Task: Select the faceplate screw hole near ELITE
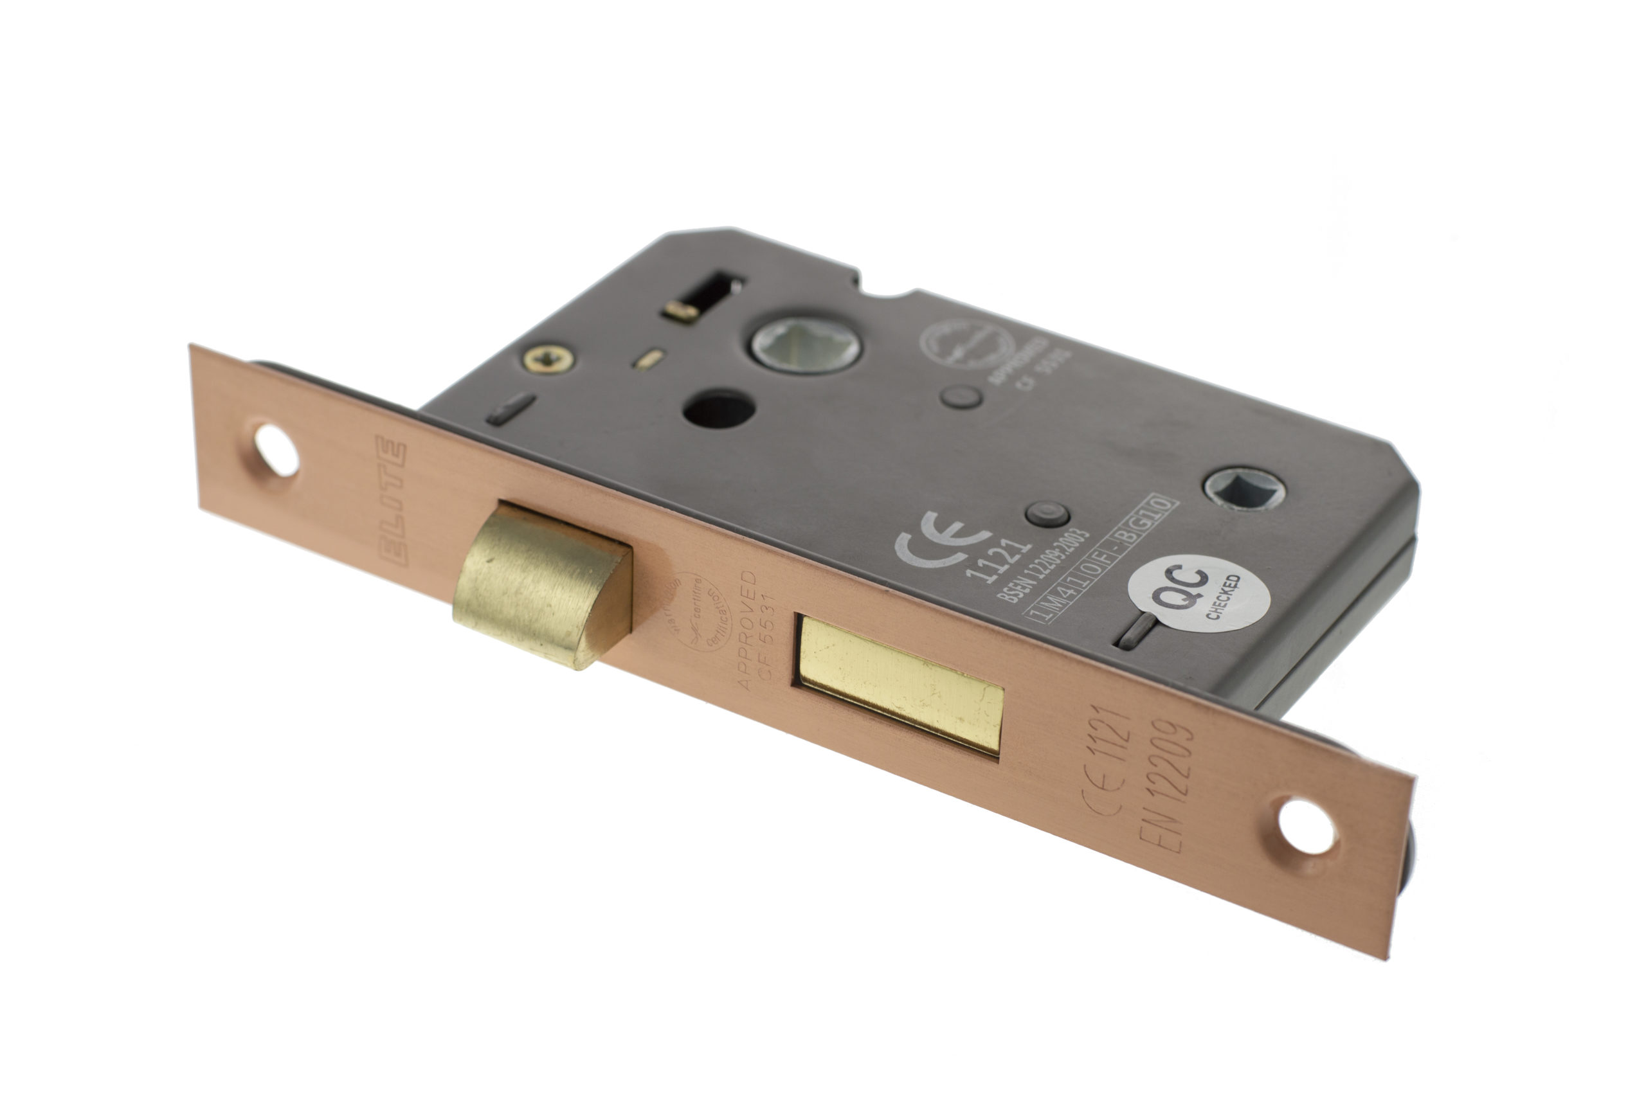[x=276, y=450]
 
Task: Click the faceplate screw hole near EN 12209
[x=1305, y=827]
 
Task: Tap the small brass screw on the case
[x=549, y=359]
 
